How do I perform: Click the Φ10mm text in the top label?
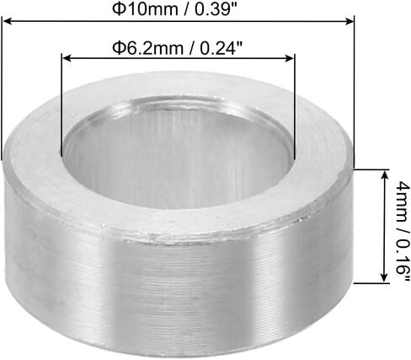pyautogui.click(x=145, y=9)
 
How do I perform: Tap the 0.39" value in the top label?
pyautogui.click(x=216, y=9)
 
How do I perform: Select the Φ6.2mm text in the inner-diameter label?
pyautogui.click(x=147, y=48)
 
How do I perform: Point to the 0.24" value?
pyautogui.click(x=222, y=48)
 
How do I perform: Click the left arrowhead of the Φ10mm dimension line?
pyautogui.click(x=7, y=21)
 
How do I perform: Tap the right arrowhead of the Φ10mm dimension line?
pyautogui.click(x=350, y=21)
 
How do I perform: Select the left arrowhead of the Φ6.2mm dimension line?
pyautogui.click(x=67, y=58)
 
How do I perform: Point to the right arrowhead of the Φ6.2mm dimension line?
pyautogui.click(x=290, y=58)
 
